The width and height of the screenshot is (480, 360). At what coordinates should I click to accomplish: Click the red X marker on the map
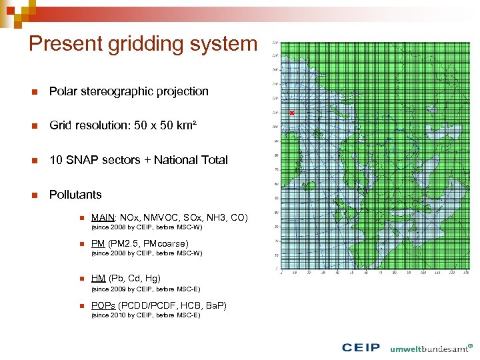point(291,113)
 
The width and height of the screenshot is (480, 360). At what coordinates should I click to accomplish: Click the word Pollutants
point(75,195)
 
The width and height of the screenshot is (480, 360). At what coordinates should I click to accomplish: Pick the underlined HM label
point(98,278)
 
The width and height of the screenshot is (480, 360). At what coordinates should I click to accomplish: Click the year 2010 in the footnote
point(113,315)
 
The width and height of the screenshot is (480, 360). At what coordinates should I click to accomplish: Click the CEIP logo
point(361,347)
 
